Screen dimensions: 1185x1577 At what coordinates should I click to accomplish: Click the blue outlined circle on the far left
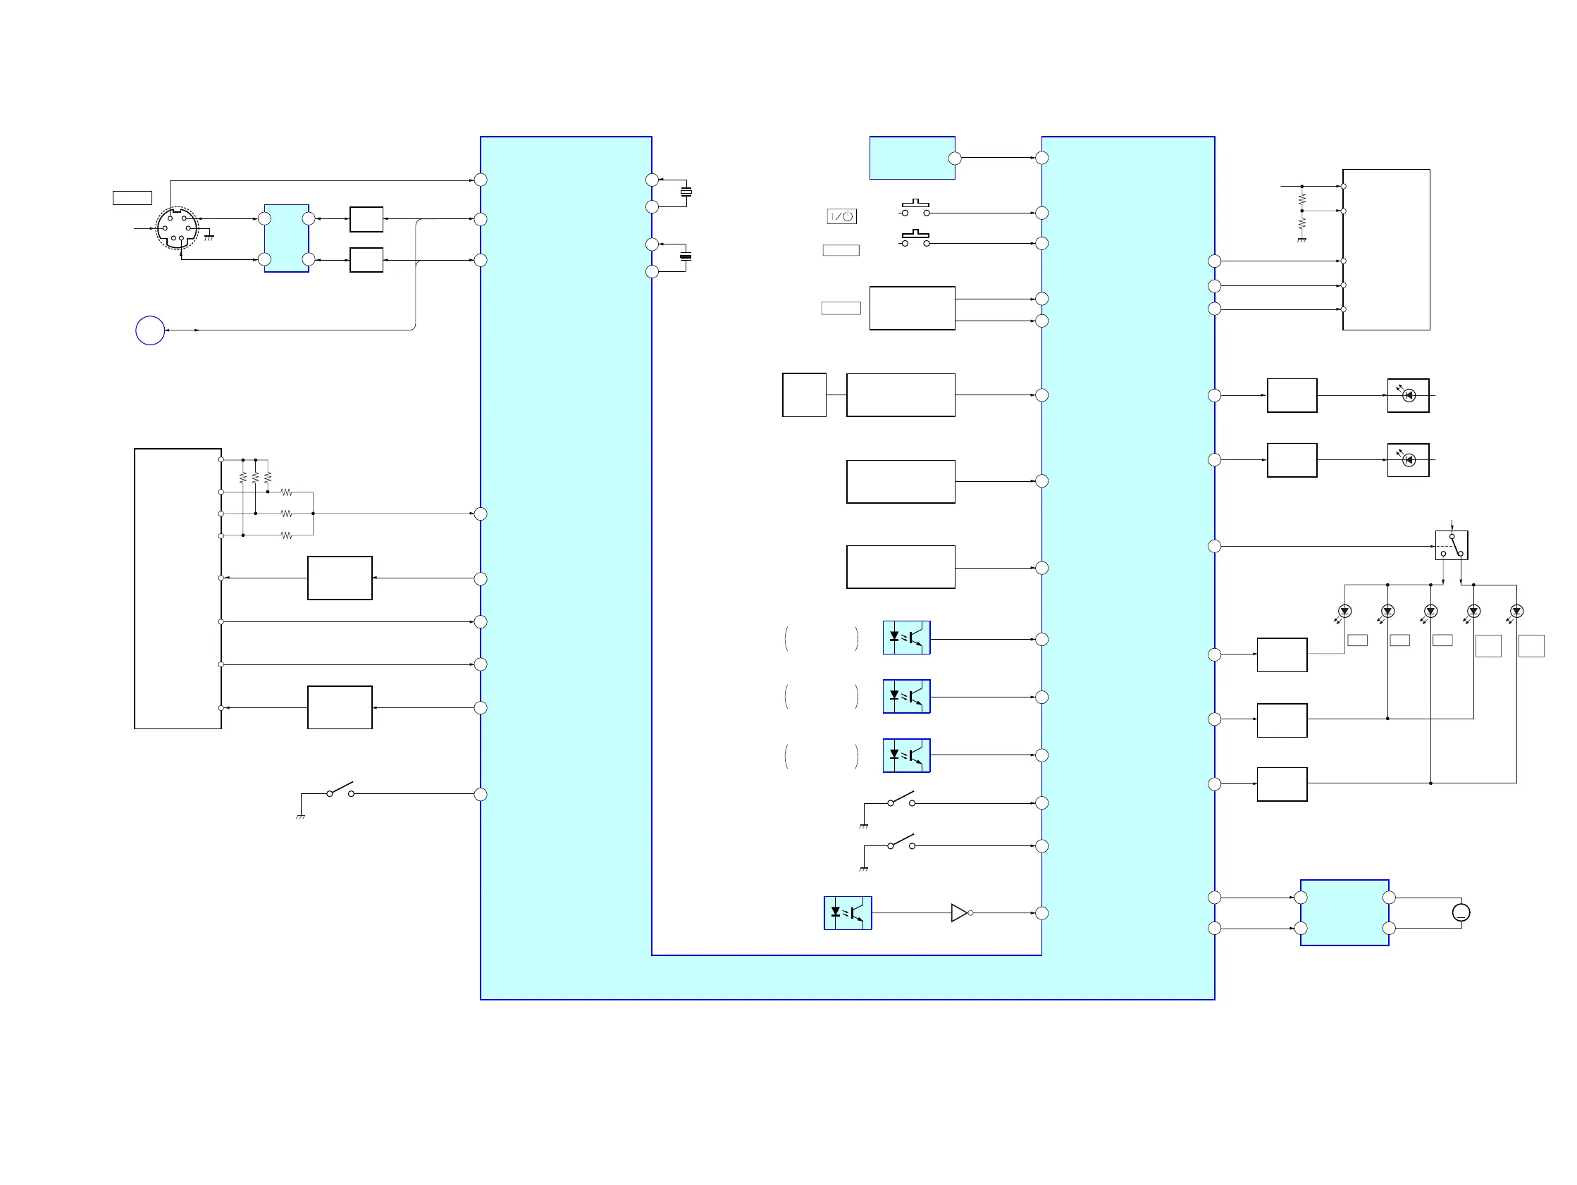[x=149, y=330]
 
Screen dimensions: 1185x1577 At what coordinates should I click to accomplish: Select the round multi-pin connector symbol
[x=177, y=228]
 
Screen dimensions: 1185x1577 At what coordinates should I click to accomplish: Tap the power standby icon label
[x=841, y=216]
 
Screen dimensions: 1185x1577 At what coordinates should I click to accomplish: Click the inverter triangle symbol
[x=960, y=912]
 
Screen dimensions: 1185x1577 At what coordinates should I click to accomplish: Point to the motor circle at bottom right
[x=1461, y=912]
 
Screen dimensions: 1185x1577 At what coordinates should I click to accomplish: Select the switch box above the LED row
[x=1451, y=545]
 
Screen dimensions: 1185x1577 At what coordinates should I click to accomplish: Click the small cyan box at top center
[x=912, y=158]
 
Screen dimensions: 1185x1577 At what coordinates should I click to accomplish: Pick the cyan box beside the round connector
[x=287, y=238]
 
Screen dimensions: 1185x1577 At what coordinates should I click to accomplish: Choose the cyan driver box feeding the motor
[x=1344, y=912]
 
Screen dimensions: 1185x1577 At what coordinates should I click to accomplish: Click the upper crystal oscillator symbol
[x=686, y=192]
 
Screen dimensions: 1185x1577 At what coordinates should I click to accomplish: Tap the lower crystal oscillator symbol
[x=686, y=256]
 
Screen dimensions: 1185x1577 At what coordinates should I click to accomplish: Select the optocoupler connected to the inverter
[x=848, y=912]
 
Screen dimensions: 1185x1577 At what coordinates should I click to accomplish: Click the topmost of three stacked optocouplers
[x=906, y=638]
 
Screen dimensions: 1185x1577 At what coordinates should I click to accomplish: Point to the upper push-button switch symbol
[x=915, y=209]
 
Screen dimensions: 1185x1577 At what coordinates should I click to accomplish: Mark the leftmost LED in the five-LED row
[x=1344, y=611]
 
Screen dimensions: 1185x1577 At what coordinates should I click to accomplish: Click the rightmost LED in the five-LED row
[x=1516, y=611]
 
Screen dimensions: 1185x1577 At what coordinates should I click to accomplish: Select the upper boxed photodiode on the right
[x=1408, y=395]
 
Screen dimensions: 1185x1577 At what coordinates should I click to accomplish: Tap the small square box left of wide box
[x=804, y=395]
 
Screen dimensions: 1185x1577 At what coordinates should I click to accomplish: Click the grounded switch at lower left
[x=340, y=791]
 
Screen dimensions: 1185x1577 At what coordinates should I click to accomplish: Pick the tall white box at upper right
[x=1386, y=249]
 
